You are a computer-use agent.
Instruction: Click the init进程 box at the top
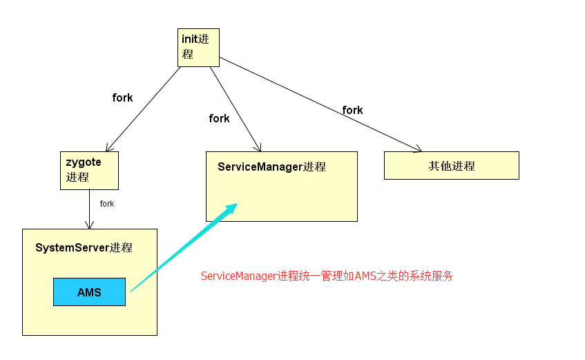(x=198, y=47)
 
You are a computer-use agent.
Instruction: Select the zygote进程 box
(x=89, y=170)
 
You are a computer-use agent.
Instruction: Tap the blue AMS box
(x=89, y=292)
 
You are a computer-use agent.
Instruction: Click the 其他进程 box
(x=451, y=166)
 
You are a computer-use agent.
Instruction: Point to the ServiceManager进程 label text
(x=271, y=167)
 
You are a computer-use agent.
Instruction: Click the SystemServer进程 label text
(x=84, y=247)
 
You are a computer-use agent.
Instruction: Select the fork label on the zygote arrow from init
(x=122, y=97)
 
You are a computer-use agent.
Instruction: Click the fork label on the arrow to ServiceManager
(x=219, y=118)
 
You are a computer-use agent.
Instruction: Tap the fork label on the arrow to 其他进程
(x=352, y=110)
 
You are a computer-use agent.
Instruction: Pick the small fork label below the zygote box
(x=106, y=204)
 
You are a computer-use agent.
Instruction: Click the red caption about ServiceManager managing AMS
(x=327, y=276)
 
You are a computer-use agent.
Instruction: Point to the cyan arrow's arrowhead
(x=231, y=207)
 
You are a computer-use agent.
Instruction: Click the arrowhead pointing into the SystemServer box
(x=89, y=225)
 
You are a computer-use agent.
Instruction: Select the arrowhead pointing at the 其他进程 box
(x=416, y=149)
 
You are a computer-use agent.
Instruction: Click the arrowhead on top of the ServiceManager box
(x=258, y=148)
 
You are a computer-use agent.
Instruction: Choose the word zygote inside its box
(x=84, y=162)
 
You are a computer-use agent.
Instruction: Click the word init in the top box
(x=189, y=39)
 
